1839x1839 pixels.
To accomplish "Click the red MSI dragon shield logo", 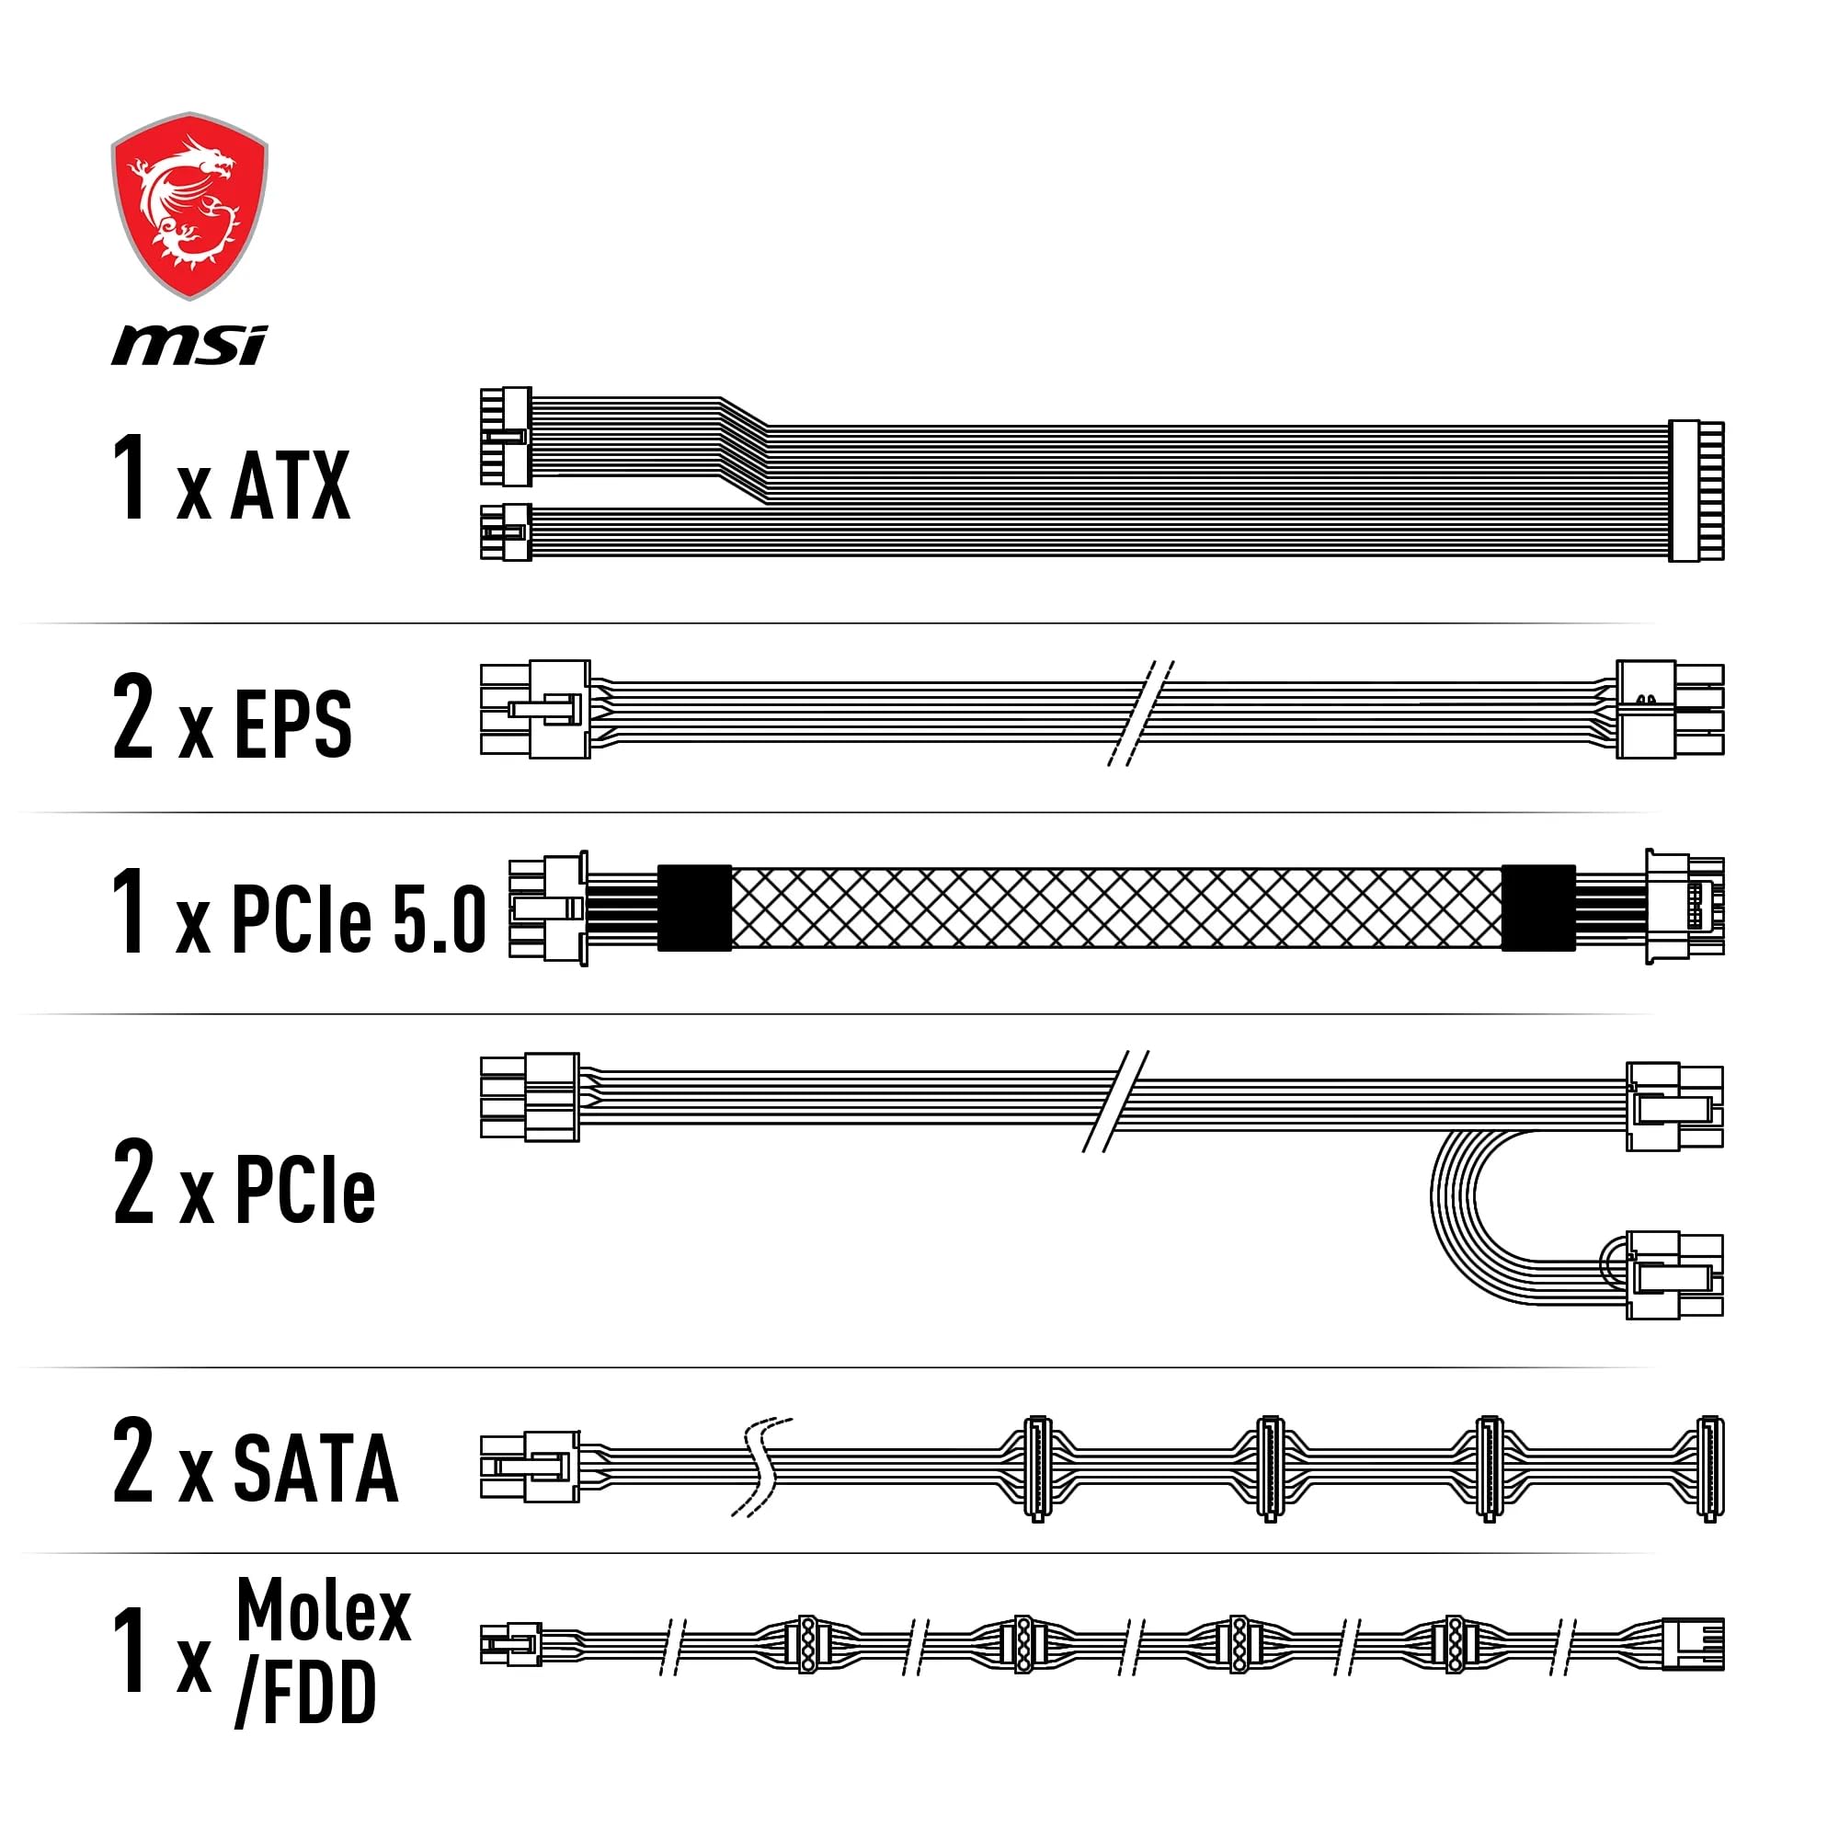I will (x=189, y=205).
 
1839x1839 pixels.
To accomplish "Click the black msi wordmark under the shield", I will (x=189, y=345).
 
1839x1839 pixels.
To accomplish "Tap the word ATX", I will (x=291, y=486).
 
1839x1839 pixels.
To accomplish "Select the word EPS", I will (x=292, y=725).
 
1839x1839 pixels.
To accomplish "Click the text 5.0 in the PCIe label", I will (x=439, y=919).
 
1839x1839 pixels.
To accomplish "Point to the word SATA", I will (x=315, y=1468).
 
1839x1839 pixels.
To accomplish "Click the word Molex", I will (x=323, y=1612).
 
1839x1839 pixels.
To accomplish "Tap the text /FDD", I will (x=305, y=1694).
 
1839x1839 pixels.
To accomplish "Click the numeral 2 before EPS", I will (x=133, y=715).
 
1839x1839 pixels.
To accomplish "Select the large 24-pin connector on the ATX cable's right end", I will (x=1696, y=490).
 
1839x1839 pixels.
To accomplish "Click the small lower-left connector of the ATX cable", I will (x=506, y=532).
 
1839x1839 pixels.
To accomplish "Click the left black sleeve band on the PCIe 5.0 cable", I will (x=695, y=908).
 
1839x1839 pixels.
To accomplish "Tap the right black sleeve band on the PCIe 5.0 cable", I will (x=1537, y=908).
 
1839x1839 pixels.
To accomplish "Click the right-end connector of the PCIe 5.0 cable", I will (x=1683, y=908).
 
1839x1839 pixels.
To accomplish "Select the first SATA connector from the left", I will (x=1037, y=1468).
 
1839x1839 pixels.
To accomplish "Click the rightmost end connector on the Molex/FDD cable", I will (x=1693, y=1644).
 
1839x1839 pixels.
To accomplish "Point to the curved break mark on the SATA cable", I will (x=761, y=1467).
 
